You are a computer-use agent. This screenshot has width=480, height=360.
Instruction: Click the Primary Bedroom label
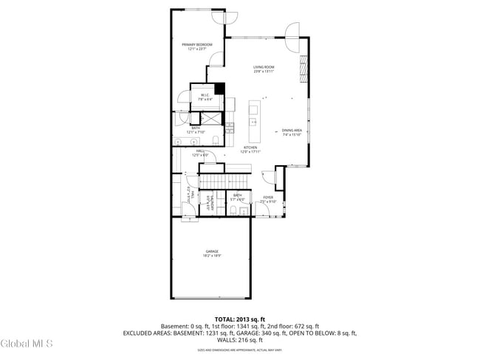197,45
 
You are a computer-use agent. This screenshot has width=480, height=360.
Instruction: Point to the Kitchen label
251,148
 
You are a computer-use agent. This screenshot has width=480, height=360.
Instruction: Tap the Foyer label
268,198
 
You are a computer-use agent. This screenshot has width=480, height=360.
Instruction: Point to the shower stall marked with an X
210,119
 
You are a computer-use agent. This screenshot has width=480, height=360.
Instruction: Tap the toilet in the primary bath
213,140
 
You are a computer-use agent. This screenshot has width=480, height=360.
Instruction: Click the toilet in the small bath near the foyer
233,210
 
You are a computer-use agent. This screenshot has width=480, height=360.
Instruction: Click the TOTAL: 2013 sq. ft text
240,319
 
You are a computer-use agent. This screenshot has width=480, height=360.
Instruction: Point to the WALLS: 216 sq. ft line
240,340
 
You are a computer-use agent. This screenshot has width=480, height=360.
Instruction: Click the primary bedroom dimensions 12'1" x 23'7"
197,49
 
